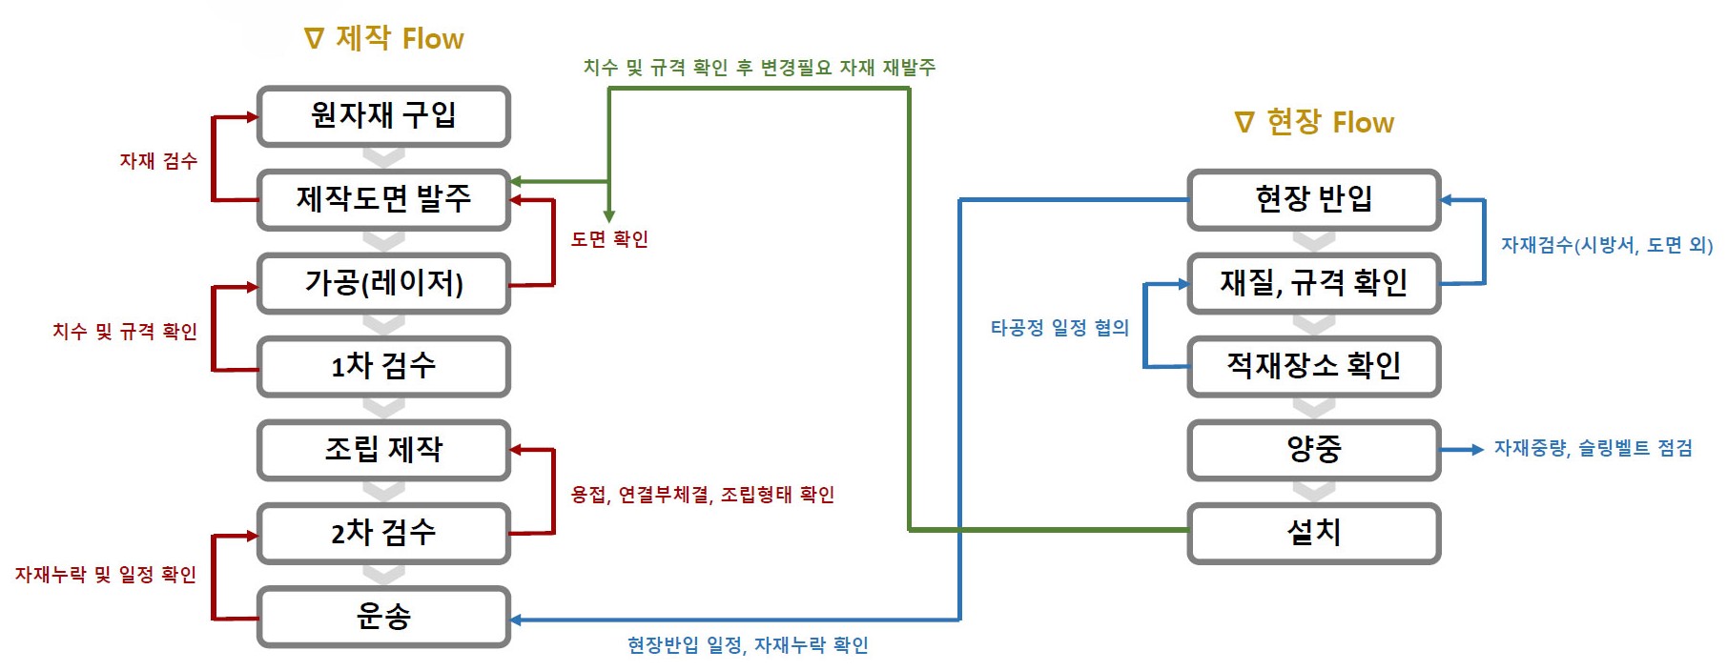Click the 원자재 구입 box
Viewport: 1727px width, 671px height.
pyautogui.click(x=383, y=116)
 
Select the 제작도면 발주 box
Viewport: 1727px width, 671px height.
pyautogui.click(x=383, y=199)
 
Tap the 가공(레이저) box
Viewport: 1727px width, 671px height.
pyautogui.click(x=383, y=283)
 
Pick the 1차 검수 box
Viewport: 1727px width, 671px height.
pyautogui.click(x=383, y=366)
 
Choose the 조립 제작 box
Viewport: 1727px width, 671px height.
pyautogui.click(x=383, y=449)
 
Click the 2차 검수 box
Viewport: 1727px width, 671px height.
pyautogui.click(x=383, y=533)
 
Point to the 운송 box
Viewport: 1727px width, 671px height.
pyautogui.click(x=383, y=617)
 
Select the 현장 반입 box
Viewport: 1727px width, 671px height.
pyautogui.click(x=1313, y=199)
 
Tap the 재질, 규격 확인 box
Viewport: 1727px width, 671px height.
pyautogui.click(x=1313, y=283)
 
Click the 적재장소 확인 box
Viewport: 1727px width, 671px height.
pyautogui.click(x=1313, y=366)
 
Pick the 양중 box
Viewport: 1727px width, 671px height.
pyautogui.click(x=1313, y=449)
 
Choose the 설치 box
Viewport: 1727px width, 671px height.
pyautogui.click(x=1313, y=533)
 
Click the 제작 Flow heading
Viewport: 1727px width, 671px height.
pyautogui.click(x=384, y=38)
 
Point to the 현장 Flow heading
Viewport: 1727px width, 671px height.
pyautogui.click(x=1314, y=122)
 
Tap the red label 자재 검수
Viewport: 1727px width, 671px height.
pyautogui.click(x=158, y=160)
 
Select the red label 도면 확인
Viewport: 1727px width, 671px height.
pyautogui.click(x=609, y=238)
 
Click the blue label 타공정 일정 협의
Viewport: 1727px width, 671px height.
pyautogui.click(x=1059, y=328)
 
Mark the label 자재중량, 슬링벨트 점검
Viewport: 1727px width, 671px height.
pyautogui.click(x=1593, y=448)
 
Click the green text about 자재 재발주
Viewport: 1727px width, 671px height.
pyautogui.click(x=759, y=67)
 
